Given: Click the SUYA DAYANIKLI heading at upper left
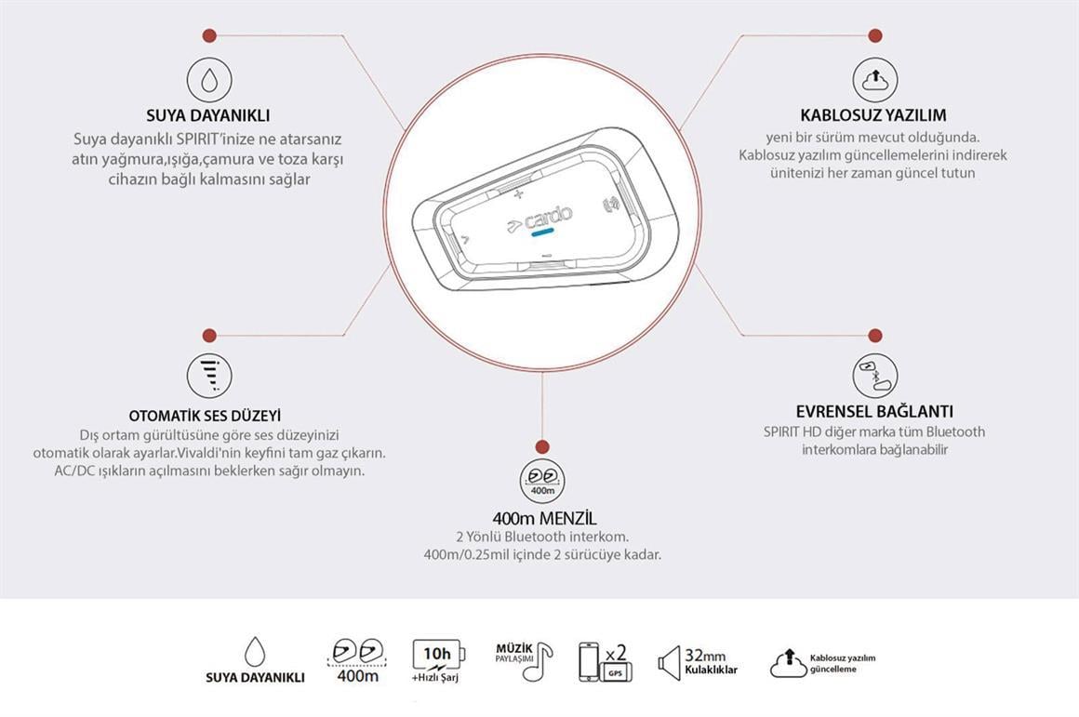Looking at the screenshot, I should click(x=208, y=115).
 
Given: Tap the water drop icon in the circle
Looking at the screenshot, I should click(x=209, y=81).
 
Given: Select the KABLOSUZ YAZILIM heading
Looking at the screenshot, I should click(x=873, y=115).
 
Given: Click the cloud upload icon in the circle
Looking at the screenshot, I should click(x=874, y=80).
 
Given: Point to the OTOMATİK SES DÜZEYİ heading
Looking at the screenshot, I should click(x=205, y=416).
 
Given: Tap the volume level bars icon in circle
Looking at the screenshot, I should click(x=209, y=375).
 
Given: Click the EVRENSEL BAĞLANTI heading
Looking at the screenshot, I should click(x=874, y=411).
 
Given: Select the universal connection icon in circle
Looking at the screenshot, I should click(x=874, y=375).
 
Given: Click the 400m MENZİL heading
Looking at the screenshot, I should click(x=544, y=518).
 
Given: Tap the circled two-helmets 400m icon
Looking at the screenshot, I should click(x=543, y=481).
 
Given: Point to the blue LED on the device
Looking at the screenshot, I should click(x=543, y=233).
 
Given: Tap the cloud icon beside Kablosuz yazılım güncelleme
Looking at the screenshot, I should click(x=787, y=662).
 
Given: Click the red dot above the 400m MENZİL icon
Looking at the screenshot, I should click(x=543, y=446).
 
